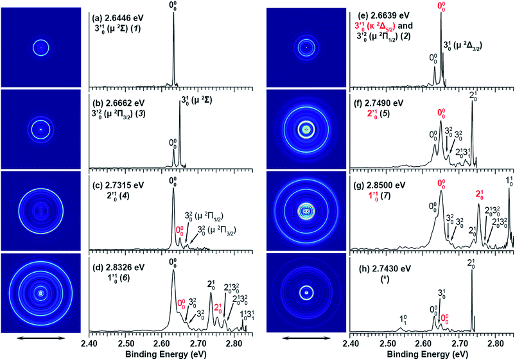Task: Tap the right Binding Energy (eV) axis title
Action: click(432, 353)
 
